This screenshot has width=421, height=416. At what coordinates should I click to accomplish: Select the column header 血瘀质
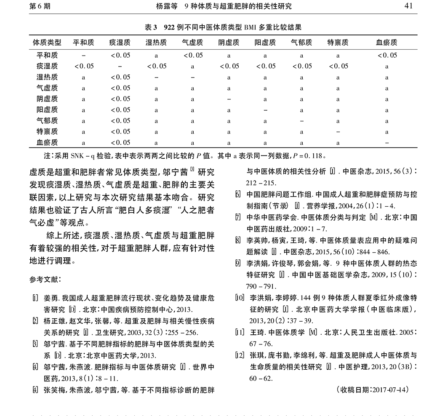386,43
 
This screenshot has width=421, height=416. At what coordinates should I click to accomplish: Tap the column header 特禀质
338,43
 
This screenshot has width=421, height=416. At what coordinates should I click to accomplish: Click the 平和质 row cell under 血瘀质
386,55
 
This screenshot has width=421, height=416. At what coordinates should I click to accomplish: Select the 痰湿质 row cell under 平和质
84,66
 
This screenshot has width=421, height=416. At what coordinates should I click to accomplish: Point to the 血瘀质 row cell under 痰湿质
120,143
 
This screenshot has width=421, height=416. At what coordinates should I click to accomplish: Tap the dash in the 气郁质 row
301,121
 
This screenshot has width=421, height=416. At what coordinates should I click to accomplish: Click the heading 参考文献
45,280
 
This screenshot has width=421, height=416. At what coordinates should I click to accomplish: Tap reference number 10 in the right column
240,297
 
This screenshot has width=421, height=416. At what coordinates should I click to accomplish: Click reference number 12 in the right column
240,355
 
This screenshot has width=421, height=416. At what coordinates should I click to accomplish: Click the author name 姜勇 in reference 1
51,298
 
